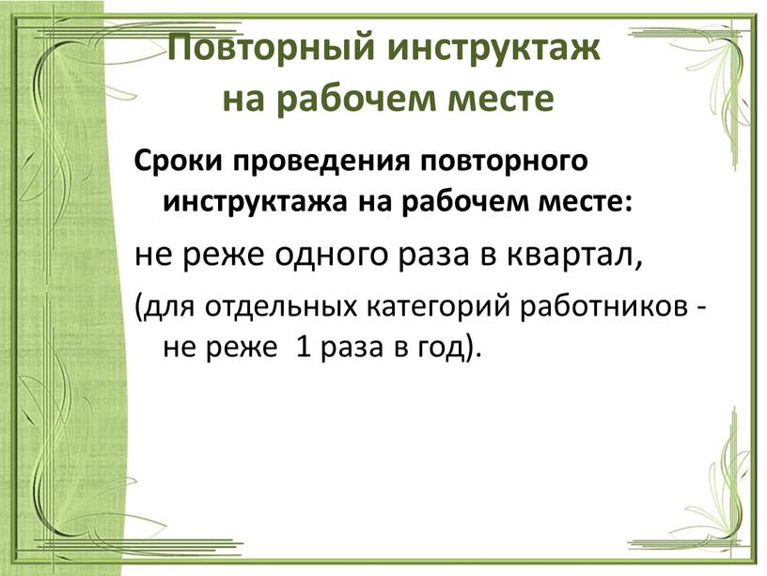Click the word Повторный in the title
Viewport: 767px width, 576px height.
click(x=272, y=48)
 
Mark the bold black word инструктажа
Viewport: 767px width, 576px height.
click(x=254, y=202)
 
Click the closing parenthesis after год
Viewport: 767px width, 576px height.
click(x=469, y=349)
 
